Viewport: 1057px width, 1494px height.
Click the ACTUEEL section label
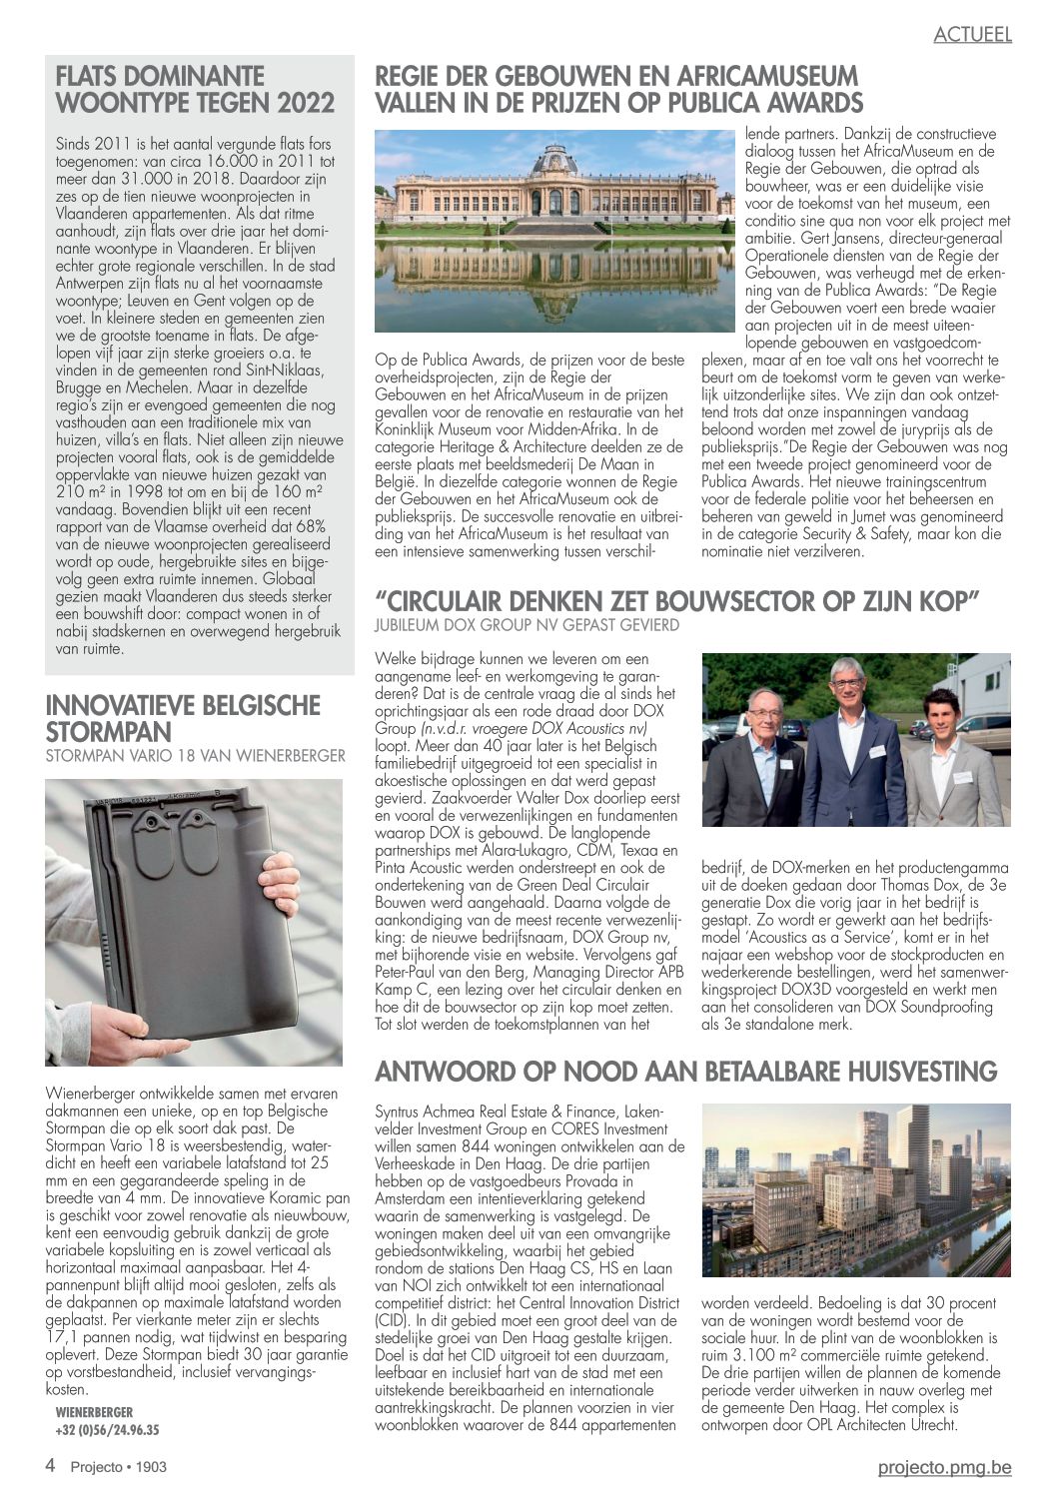coord(972,34)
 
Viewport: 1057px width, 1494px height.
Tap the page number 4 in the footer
coord(50,1466)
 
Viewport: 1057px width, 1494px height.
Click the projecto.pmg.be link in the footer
coord(944,1466)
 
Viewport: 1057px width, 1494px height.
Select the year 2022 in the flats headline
coord(306,103)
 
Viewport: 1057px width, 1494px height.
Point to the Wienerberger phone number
coord(107,1430)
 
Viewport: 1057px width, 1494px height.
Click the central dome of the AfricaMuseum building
coord(553,160)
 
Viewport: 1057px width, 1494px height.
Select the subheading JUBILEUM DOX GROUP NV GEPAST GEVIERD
coord(526,625)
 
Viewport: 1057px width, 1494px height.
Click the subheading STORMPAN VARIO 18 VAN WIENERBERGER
coord(195,756)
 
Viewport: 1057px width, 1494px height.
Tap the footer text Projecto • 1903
coord(118,1467)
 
